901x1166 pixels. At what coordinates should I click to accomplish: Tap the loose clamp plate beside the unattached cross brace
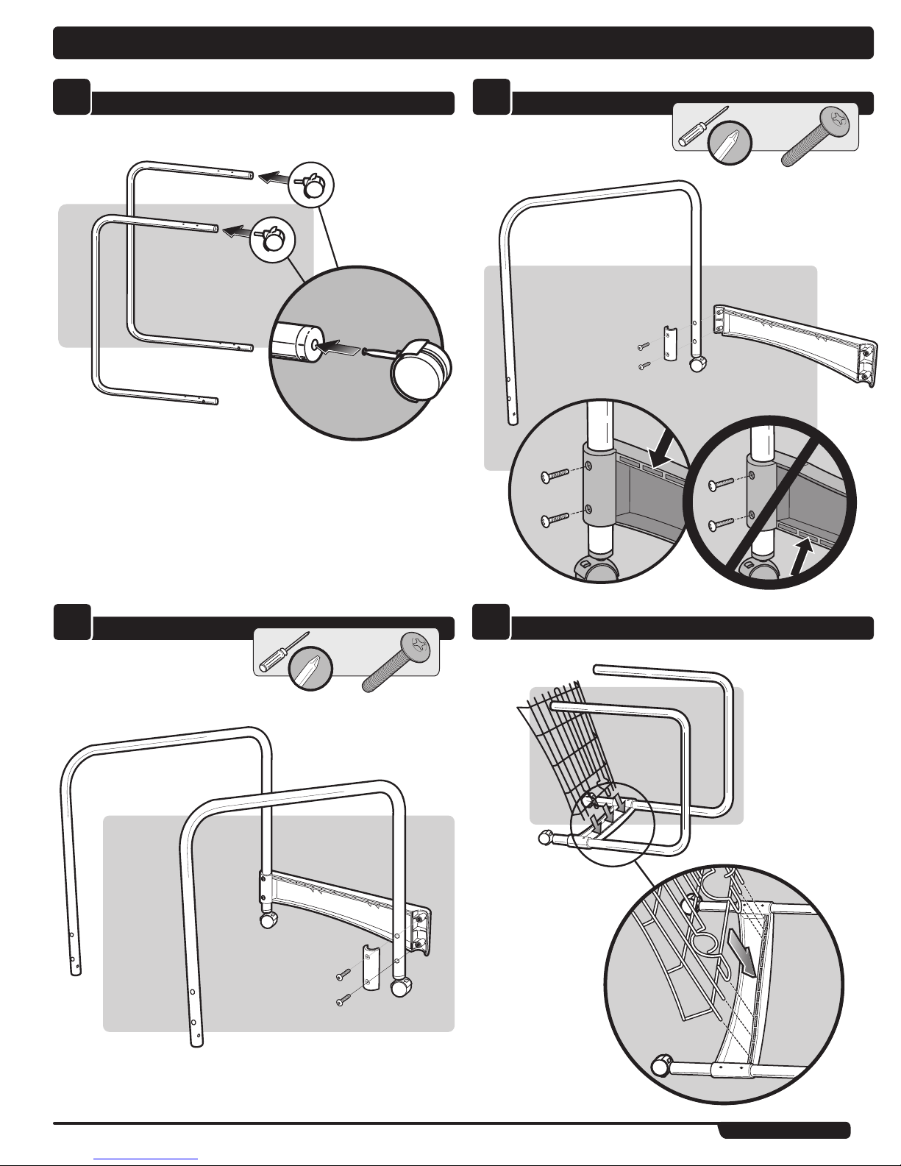670,342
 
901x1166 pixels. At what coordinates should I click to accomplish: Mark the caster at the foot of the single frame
697,363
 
